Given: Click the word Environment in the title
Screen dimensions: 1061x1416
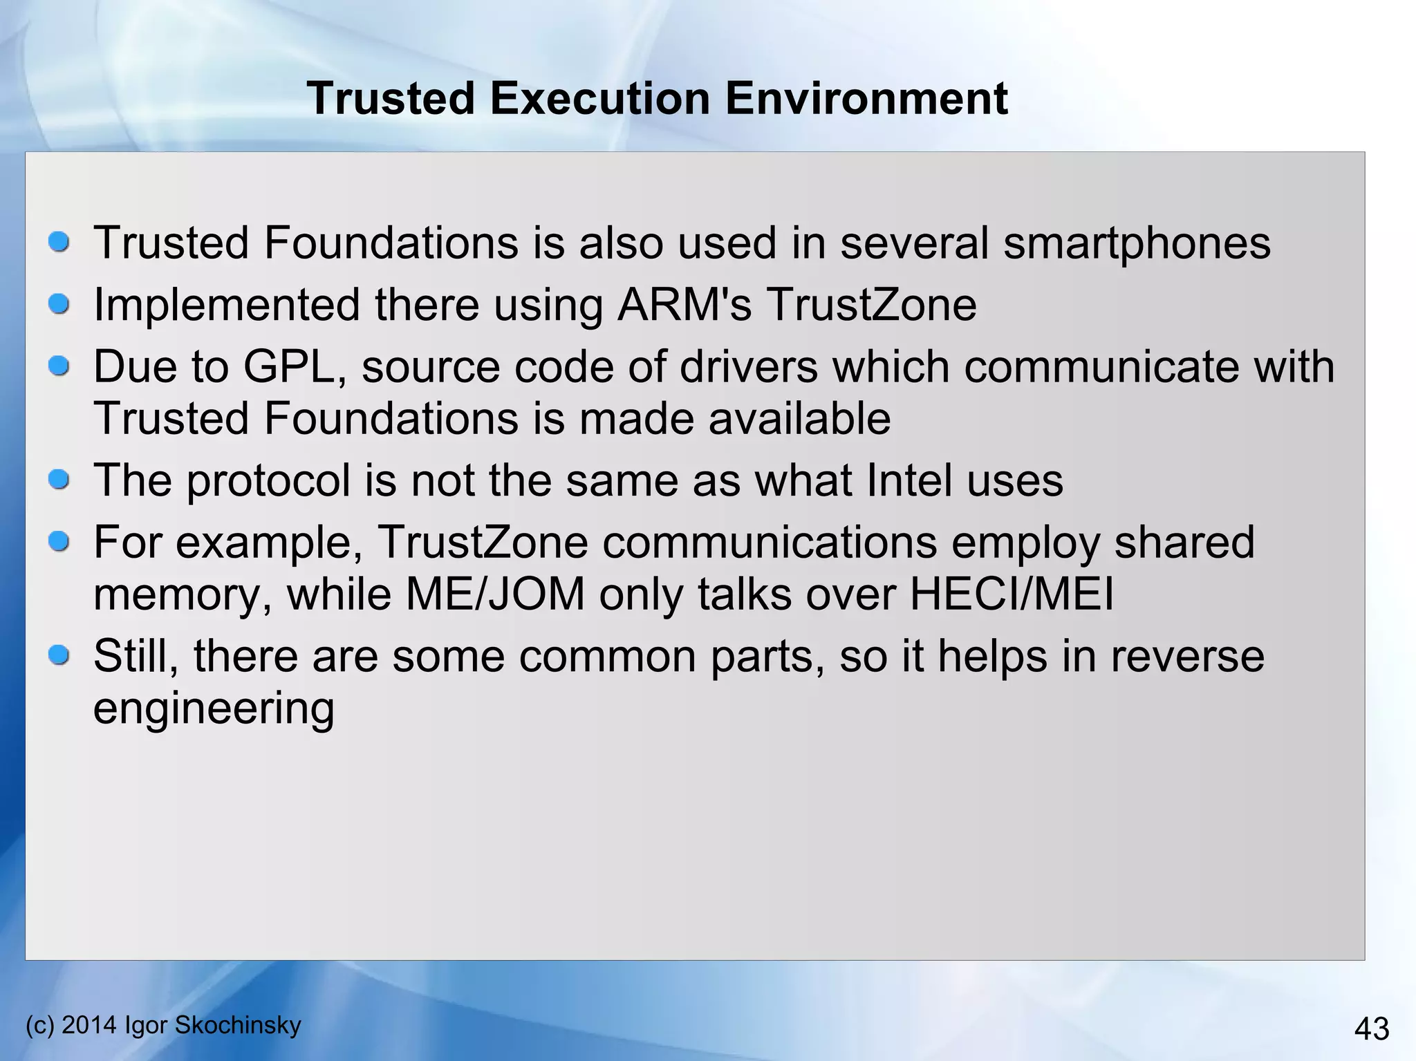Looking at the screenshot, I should click(866, 98).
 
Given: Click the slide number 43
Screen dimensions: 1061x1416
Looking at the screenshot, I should click(1371, 1029).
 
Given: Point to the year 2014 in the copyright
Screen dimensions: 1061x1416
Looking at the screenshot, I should click(89, 1024).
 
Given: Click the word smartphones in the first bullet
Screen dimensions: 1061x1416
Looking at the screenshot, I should click(1137, 243).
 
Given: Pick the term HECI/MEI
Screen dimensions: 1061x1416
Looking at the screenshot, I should click(1011, 594).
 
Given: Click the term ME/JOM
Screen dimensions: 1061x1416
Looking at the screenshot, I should click(495, 594).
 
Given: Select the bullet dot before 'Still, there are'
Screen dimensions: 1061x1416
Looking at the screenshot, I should click(59, 655).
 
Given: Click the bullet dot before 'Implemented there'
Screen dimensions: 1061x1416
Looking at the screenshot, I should click(59, 303).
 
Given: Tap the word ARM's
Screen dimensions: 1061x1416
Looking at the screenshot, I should click(684, 305).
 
